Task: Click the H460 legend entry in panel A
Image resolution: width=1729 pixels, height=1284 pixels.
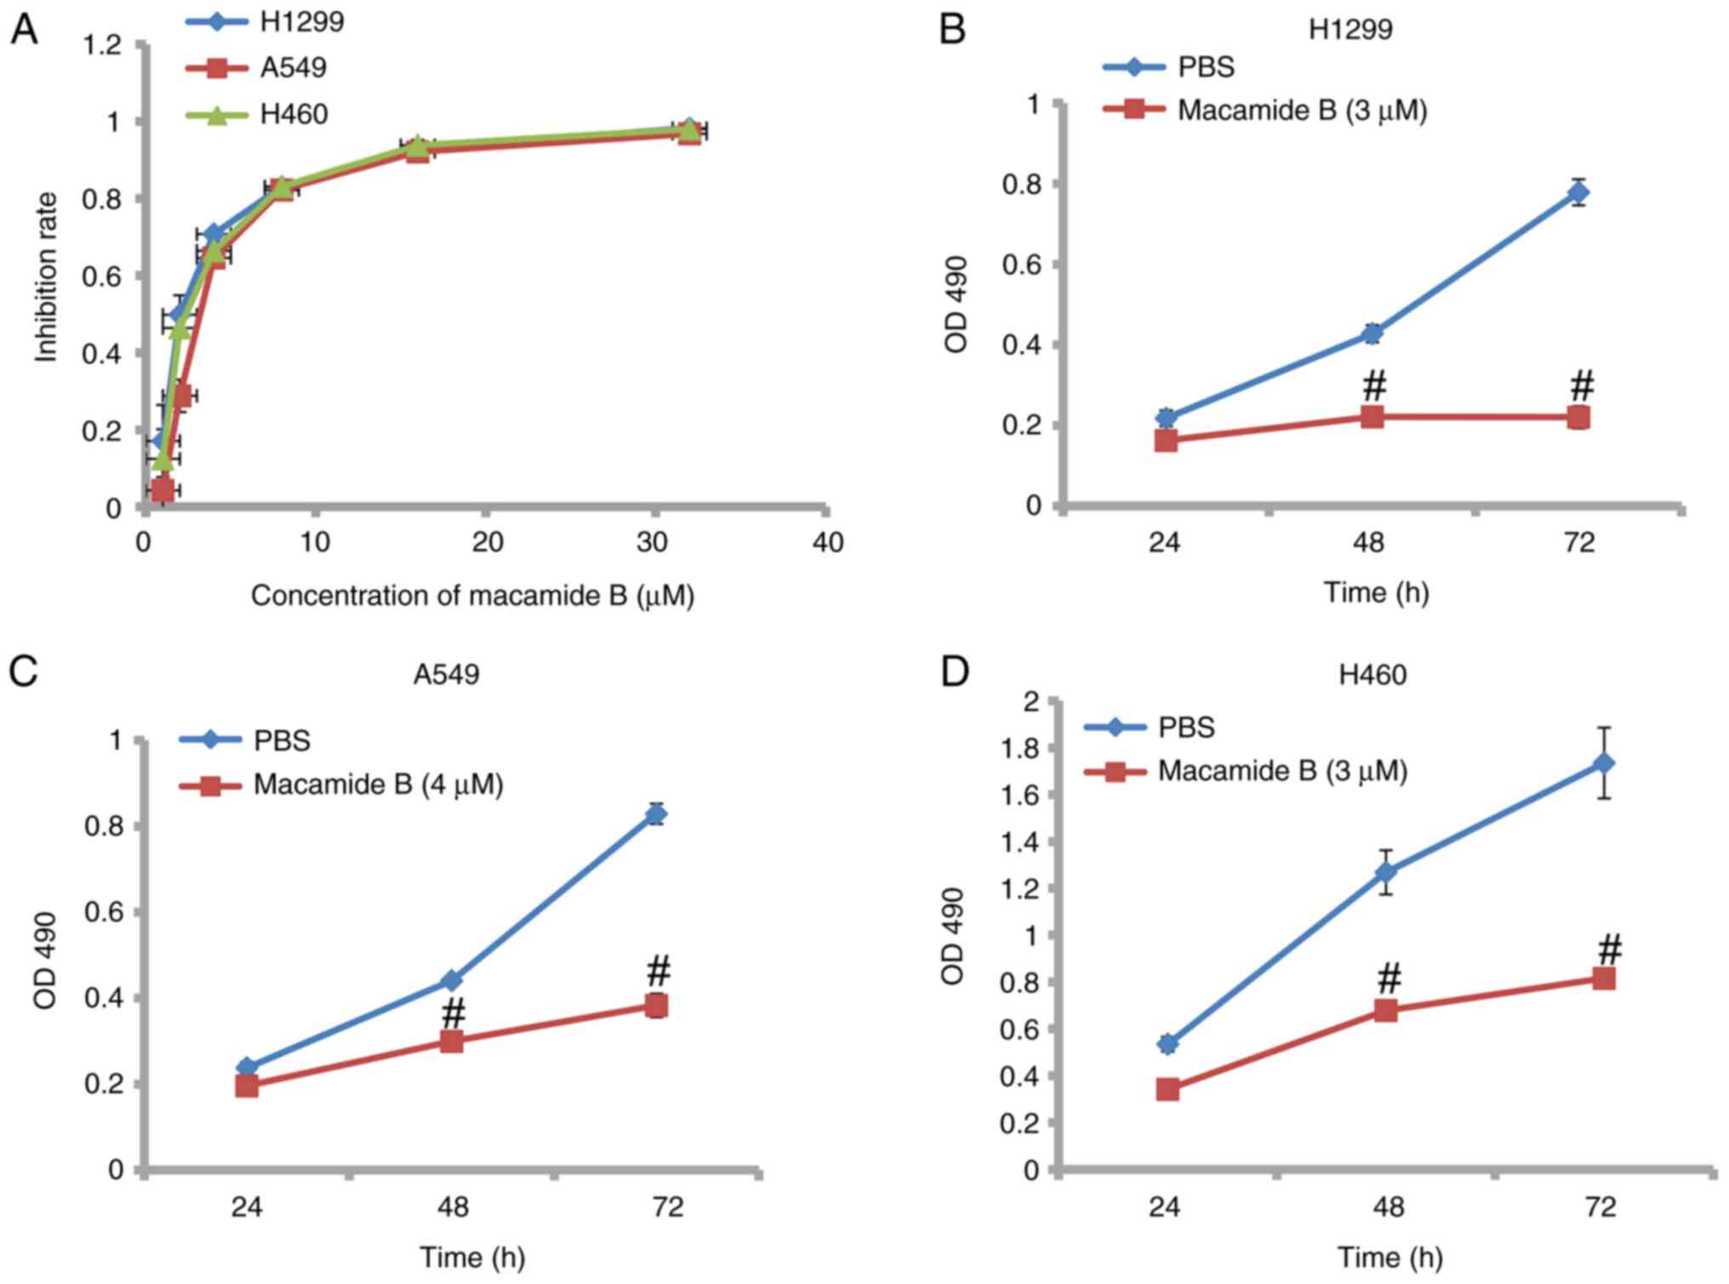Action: tap(294, 114)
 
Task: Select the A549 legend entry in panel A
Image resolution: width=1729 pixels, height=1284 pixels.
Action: tap(293, 67)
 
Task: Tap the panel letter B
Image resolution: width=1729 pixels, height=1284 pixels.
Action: tap(952, 30)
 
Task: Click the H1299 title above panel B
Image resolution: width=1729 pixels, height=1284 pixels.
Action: tap(1350, 30)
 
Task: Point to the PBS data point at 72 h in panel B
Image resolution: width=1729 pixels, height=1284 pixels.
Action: tap(1579, 193)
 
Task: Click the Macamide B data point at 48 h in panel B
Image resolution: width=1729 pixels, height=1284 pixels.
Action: tap(1372, 416)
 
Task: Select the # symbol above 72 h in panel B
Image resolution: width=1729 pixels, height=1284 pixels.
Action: tap(1581, 385)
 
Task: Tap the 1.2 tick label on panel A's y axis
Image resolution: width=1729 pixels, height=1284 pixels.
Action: tap(102, 44)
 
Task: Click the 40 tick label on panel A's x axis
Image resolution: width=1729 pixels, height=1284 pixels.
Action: tap(827, 542)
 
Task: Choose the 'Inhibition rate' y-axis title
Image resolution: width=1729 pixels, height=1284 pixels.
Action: tap(46, 277)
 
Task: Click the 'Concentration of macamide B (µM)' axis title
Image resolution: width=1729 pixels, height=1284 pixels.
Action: tap(472, 596)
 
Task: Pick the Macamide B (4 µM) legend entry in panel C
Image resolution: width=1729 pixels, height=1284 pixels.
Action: tap(378, 784)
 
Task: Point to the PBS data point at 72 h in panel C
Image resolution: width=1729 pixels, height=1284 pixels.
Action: tap(655, 814)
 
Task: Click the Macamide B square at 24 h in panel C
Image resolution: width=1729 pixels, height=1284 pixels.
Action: tap(247, 1086)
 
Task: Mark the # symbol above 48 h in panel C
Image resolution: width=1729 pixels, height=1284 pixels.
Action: tap(454, 1013)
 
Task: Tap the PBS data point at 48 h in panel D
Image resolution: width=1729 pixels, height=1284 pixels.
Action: tap(1386, 872)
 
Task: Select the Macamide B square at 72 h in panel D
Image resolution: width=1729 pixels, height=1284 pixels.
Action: tap(1604, 979)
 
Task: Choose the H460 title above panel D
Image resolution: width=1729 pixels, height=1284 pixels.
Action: tap(1372, 675)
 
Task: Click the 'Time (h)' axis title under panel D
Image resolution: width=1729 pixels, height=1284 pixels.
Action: tap(1389, 1257)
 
